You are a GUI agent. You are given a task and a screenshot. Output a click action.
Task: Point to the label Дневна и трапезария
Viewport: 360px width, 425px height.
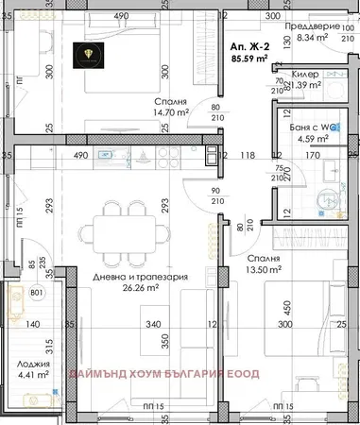tap(138, 278)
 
